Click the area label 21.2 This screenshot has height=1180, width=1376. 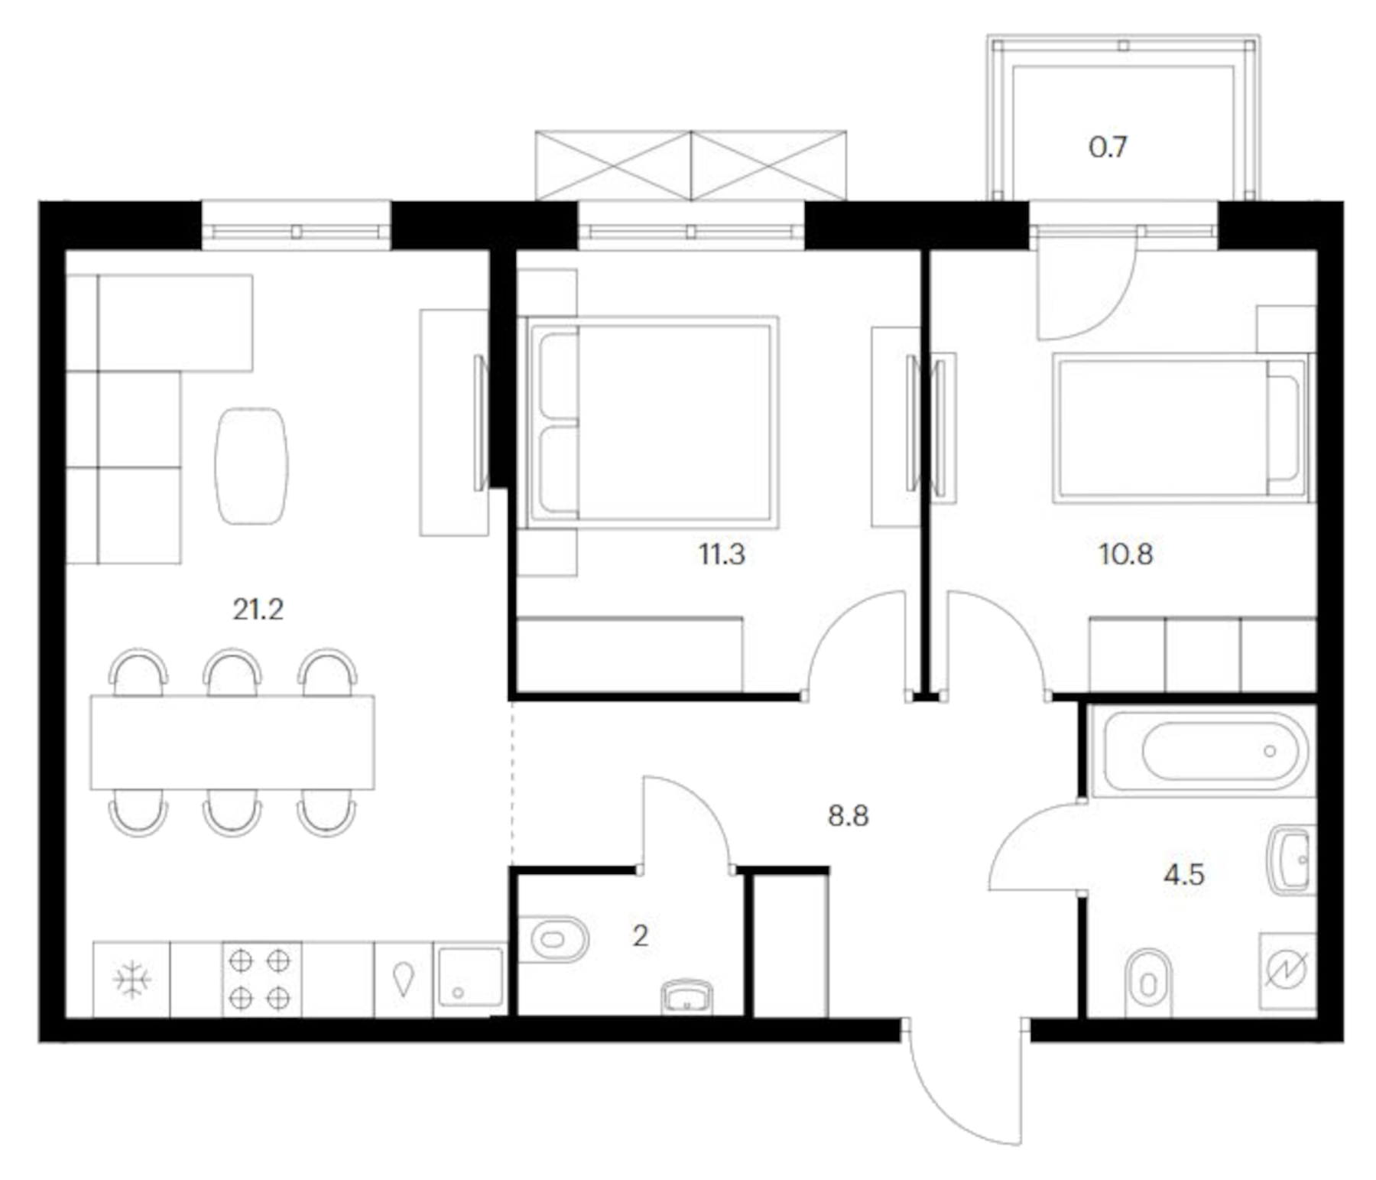258,610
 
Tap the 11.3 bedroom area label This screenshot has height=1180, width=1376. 721,554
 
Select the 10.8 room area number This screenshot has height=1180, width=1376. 1124,554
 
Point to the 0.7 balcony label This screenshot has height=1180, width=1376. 1107,147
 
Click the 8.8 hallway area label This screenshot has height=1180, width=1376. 848,816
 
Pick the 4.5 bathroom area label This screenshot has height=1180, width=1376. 1183,874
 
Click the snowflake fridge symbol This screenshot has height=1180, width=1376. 131,980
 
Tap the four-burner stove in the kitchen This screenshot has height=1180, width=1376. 261,980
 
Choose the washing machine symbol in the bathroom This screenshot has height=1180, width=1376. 1287,970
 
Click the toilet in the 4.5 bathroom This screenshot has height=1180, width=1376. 1147,983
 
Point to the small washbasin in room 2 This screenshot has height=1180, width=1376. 686,997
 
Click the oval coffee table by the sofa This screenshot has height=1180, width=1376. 252,465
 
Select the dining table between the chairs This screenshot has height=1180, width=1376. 232,742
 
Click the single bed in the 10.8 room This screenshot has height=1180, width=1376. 1181,427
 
